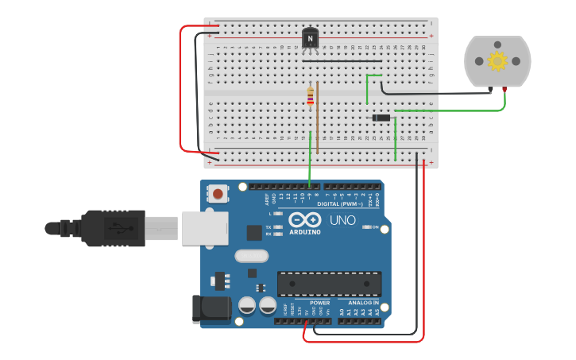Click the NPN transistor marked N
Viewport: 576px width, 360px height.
[x=311, y=38]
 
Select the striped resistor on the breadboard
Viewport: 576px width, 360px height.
[x=310, y=96]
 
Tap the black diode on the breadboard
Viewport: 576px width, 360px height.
[x=382, y=118]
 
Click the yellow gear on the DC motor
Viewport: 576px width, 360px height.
[x=497, y=61]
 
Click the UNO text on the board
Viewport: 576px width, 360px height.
[x=342, y=220]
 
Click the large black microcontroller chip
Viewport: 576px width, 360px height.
[x=329, y=284]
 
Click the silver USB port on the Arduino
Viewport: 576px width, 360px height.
[x=204, y=228]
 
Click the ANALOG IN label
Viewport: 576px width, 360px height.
[x=361, y=302]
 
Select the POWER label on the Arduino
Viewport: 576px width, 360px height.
[x=319, y=302]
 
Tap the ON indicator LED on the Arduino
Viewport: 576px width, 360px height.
[x=367, y=227]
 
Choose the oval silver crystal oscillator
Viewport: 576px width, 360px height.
[x=252, y=256]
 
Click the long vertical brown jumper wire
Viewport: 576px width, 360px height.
[x=318, y=117]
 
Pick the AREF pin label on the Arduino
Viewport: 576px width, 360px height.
[x=268, y=199]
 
